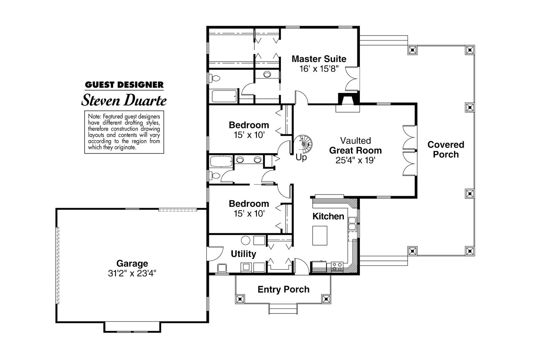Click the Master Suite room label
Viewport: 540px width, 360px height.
pyautogui.click(x=319, y=59)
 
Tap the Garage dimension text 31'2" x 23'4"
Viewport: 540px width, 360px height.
pyautogui.click(x=132, y=273)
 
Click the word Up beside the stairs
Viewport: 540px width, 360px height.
pyautogui.click(x=301, y=157)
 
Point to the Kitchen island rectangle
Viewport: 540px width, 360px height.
pyautogui.click(x=320, y=235)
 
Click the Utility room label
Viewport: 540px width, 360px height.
pyautogui.click(x=243, y=254)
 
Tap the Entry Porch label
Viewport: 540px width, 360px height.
pyautogui.click(x=283, y=290)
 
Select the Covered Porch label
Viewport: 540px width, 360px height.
pyautogui.click(x=446, y=149)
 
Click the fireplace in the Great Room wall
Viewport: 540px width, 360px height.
pyautogui.click(x=348, y=103)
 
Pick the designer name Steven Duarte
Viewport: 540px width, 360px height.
pyautogui.click(x=124, y=100)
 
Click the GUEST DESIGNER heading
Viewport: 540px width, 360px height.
pyautogui.click(x=124, y=85)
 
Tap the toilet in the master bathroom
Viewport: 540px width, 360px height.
pyautogui.click(x=215, y=78)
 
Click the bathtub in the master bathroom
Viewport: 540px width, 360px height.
pyautogui.click(x=224, y=96)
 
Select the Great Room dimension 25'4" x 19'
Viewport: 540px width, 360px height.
pyautogui.click(x=355, y=160)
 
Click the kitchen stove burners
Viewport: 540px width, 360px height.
pyautogui.click(x=337, y=267)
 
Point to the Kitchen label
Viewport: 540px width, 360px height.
pyautogui.click(x=328, y=216)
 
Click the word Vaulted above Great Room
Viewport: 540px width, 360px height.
pyautogui.click(x=355, y=141)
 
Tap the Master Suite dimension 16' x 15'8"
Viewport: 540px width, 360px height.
pyautogui.click(x=319, y=69)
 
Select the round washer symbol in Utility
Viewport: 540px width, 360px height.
pyautogui.click(x=246, y=241)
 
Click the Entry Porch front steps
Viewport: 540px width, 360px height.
pyautogui.click(x=283, y=309)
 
